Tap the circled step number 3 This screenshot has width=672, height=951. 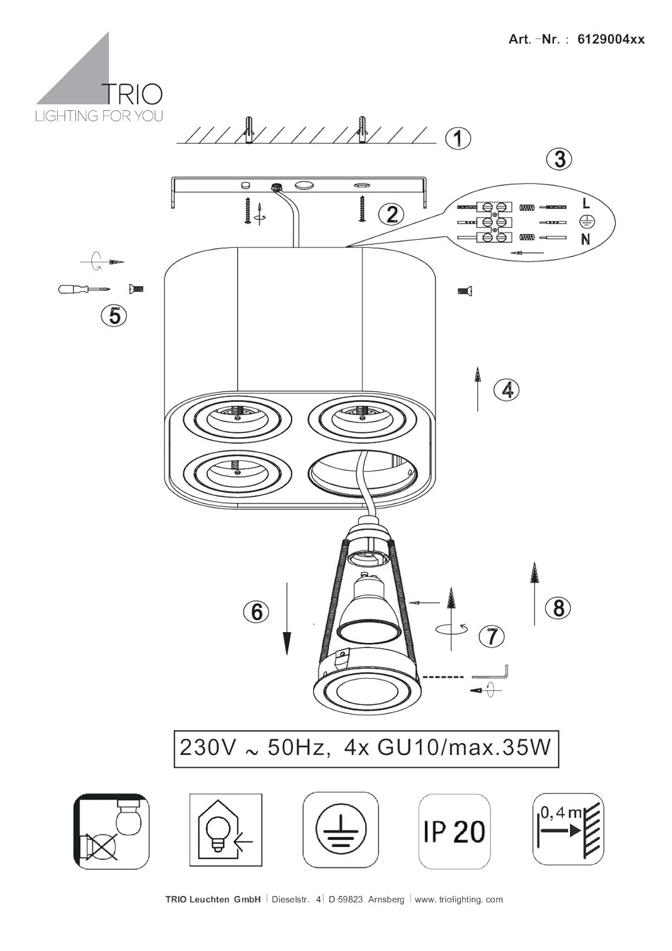point(560,160)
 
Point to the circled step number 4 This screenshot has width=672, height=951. point(507,389)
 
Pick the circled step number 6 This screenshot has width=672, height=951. point(256,612)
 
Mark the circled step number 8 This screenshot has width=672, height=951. point(559,607)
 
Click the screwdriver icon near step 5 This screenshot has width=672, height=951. point(84,289)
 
